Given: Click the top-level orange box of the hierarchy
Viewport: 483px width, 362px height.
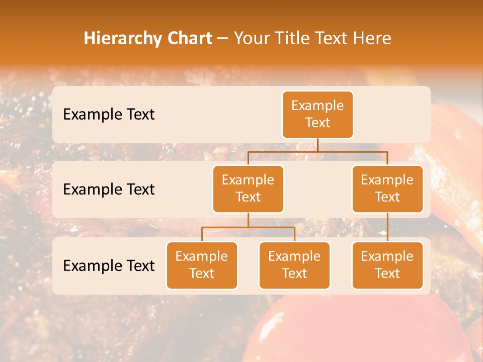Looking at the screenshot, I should click(317, 114).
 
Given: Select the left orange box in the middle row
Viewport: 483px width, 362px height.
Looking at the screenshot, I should click(248, 189).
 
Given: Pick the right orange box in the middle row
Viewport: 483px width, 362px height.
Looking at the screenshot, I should click(387, 189).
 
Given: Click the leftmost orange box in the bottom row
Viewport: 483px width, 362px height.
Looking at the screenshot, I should click(202, 265).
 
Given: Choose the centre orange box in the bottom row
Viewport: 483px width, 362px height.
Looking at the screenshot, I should click(294, 265).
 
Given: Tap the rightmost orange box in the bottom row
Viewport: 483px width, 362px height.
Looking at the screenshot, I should click(387, 265).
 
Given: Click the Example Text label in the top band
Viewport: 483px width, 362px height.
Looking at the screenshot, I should click(109, 115).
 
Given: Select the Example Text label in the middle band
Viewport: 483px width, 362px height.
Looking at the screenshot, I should click(109, 190).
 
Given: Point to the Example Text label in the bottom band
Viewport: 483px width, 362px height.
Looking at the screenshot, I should click(109, 265).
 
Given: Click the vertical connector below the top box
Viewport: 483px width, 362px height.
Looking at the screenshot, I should click(317, 145).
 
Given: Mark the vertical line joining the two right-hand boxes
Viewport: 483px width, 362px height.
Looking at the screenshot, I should click(387, 227).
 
